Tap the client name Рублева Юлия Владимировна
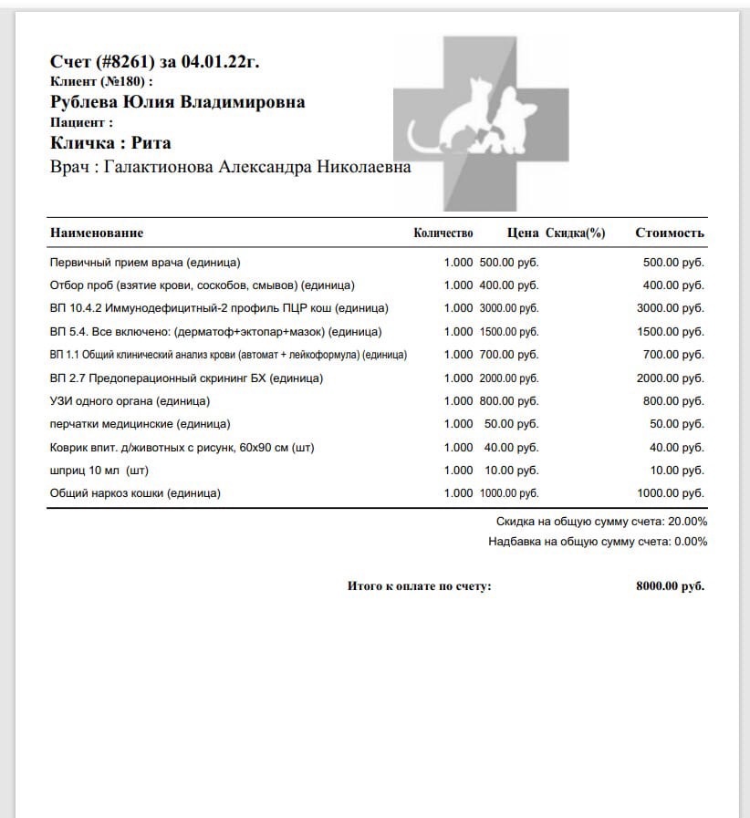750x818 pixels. click(x=177, y=102)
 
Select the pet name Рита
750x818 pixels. click(x=151, y=143)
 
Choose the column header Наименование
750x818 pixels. click(x=97, y=233)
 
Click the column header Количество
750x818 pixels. click(x=443, y=233)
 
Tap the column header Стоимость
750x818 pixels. click(x=670, y=233)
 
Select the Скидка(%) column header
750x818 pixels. click(x=576, y=233)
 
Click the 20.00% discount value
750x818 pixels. click(x=688, y=523)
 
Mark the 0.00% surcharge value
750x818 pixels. click(x=691, y=542)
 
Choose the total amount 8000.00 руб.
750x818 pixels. click(x=670, y=586)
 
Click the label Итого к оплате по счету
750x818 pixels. click(x=419, y=586)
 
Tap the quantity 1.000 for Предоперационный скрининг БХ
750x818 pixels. click(x=458, y=378)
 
